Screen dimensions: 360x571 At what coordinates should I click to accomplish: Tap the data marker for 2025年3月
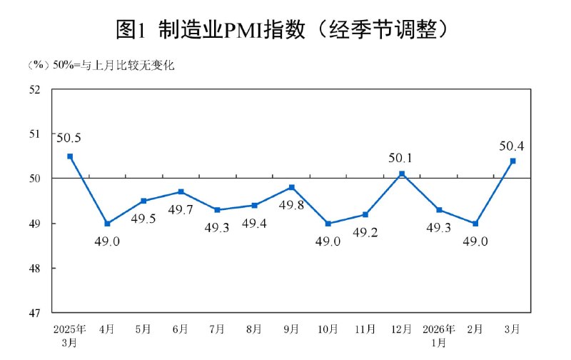coord(70,156)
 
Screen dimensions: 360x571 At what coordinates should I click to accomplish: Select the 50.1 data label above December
coord(402,159)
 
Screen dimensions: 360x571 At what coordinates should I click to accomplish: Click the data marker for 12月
coord(402,174)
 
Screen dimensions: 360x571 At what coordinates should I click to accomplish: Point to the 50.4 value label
coord(512,146)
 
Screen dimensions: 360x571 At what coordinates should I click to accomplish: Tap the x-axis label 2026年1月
coord(439,335)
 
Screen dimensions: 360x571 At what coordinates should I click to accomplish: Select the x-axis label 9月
coord(291,329)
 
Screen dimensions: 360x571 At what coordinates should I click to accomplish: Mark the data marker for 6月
coord(181,191)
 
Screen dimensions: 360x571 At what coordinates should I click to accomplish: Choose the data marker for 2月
coord(475,224)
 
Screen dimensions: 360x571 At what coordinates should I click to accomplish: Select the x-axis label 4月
coord(107,329)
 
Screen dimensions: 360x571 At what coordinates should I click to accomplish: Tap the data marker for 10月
coord(328,224)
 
